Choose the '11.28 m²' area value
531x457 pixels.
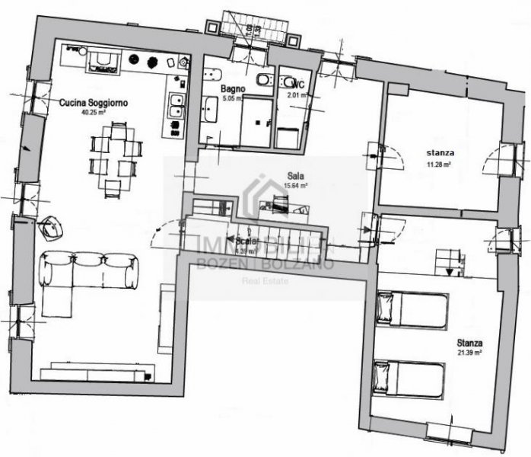pos(439,164)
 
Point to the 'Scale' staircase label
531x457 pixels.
pos(245,240)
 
